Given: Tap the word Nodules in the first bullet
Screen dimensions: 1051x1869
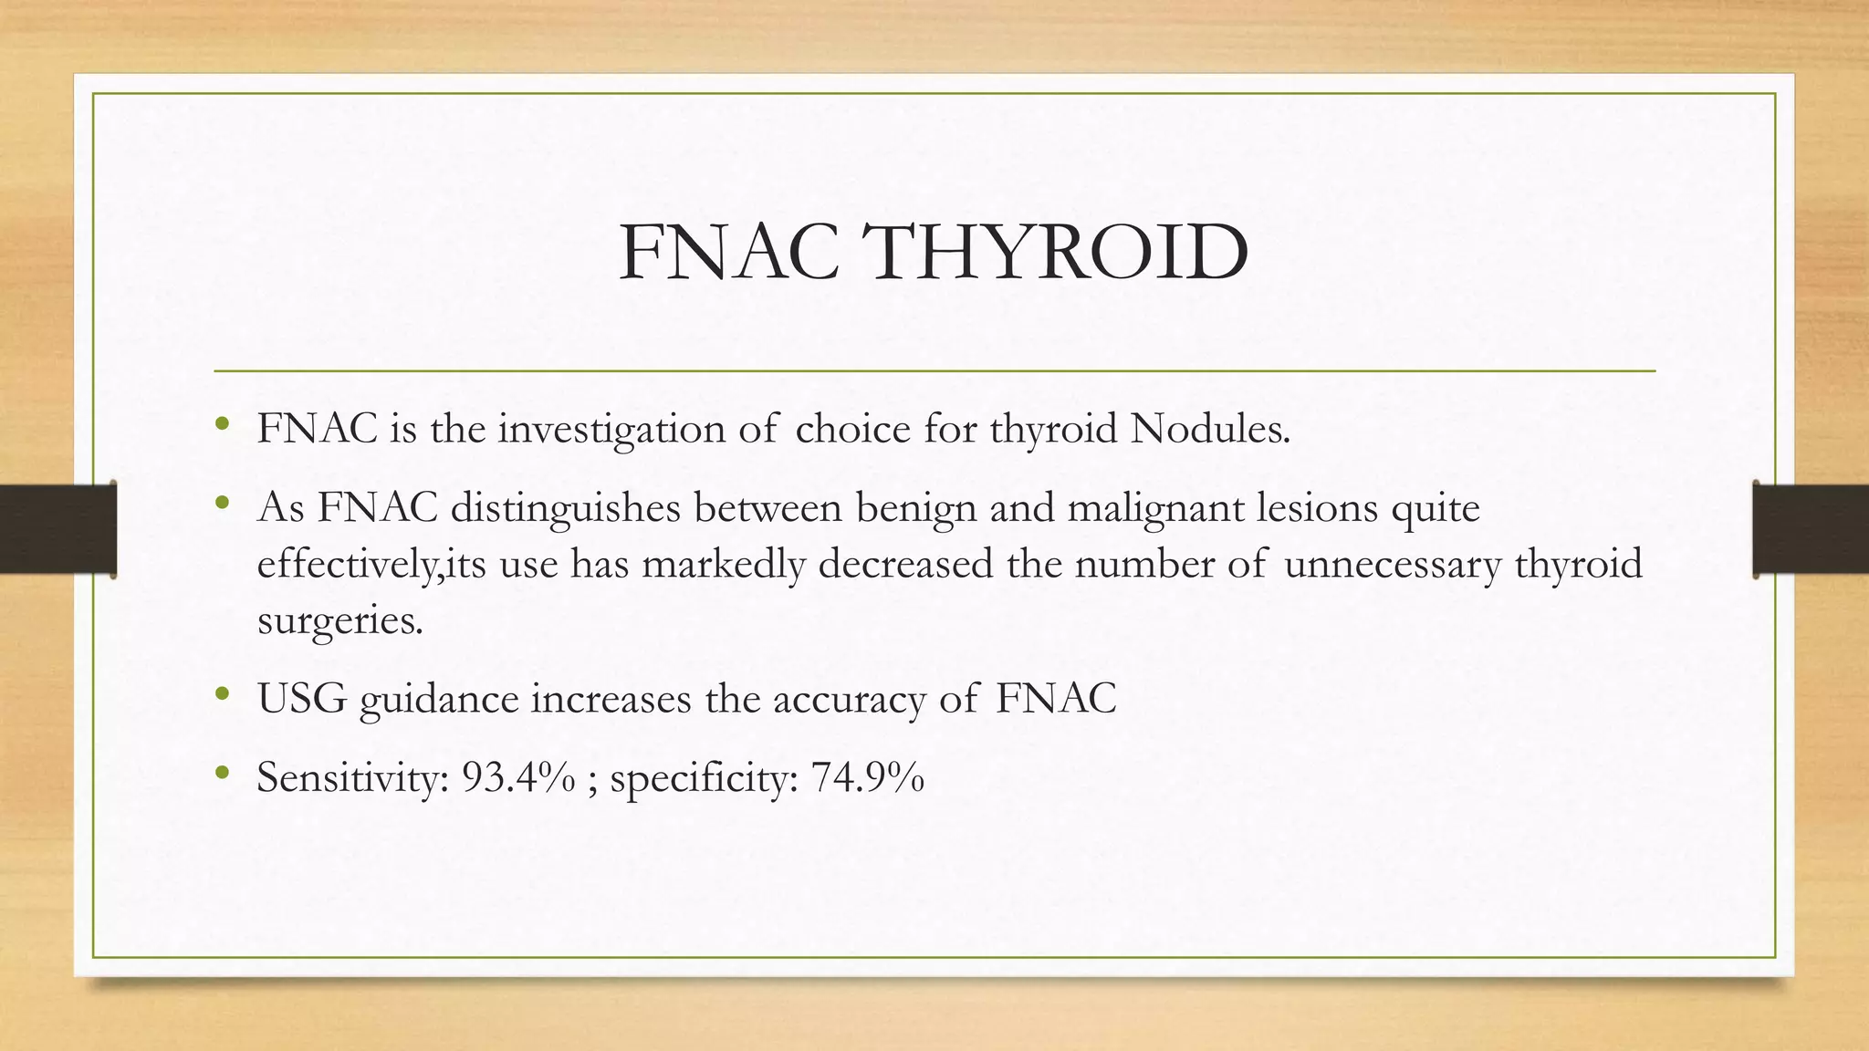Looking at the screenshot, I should tap(1209, 429).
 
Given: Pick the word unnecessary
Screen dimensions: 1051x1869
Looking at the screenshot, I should tap(1392, 564).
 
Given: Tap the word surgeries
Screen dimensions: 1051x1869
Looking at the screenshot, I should tap(339, 621).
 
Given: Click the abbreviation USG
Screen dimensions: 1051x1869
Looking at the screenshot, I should tap(302, 699).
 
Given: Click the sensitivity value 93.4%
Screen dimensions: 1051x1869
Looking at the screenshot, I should tap(518, 777).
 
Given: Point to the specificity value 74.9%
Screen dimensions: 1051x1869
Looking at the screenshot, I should tap(867, 777).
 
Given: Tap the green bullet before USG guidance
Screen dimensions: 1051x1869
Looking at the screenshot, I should tap(222, 695).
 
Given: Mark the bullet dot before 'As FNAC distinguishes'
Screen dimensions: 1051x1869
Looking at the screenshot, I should tap(222, 504).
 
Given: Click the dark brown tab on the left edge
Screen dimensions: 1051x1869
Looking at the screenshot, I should tap(57, 529).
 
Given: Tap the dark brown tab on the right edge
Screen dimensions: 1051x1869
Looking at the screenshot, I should tap(1811, 529).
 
